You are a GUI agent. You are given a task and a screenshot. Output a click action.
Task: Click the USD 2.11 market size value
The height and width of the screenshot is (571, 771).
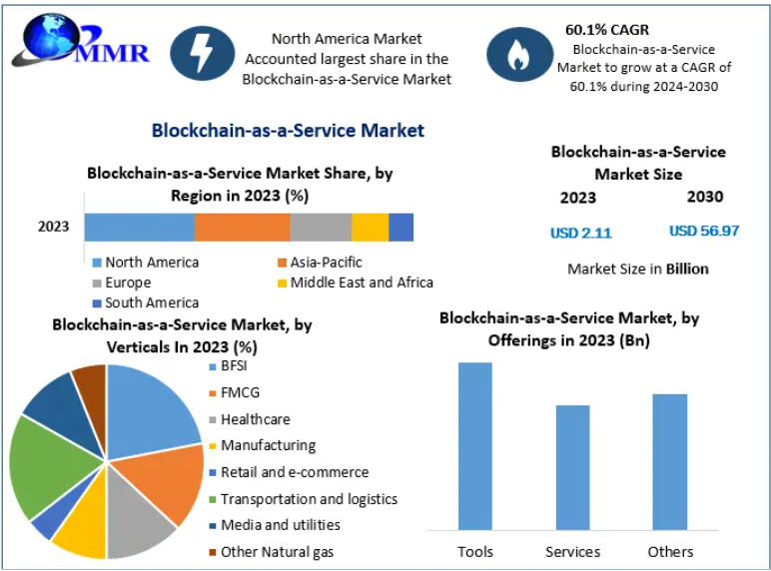(x=580, y=233)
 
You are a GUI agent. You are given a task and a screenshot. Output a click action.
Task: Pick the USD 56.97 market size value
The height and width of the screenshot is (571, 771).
(x=704, y=231)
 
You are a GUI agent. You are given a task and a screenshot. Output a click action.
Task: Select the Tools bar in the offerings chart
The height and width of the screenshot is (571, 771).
(x=475, y=445)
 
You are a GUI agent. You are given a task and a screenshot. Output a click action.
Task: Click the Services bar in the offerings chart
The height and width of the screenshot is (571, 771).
(x=572, y=466)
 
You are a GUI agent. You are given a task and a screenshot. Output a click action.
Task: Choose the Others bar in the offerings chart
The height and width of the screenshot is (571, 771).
(x=670, y=461)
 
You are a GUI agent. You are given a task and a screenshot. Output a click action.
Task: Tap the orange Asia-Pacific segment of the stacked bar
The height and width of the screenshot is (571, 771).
(x=243, y=227)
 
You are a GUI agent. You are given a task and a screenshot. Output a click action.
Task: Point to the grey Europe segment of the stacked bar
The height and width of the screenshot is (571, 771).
(x=321, y=227)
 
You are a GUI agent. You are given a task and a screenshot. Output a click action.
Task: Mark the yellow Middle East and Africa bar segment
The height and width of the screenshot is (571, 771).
(x=370, y=227)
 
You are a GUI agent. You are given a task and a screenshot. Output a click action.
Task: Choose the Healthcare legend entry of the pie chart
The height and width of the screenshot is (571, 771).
(x=255, y=419)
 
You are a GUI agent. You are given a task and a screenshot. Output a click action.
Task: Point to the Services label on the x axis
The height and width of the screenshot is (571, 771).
(x=572, y=551)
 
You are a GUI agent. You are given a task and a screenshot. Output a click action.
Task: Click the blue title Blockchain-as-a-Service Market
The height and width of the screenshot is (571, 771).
(x=288, y=131)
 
